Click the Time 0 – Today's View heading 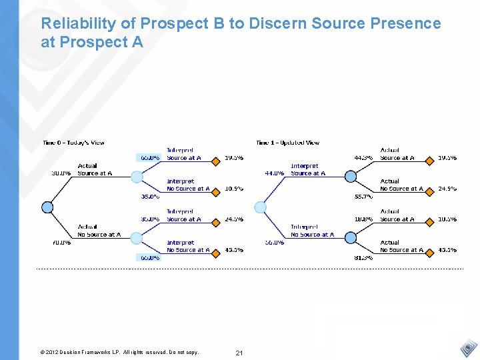pyautogui.click(x=73, y=143)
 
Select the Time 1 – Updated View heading pyautogui.click(x=287, y=143)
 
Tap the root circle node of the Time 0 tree pyautogui.click(x=47, y=207)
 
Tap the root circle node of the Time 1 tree pyautogui.click(x=261, y=207)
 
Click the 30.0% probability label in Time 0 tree pyautogui.click(x=61, y=173)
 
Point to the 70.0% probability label pyautogui.click(x=61, y=243)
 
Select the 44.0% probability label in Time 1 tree pyautogui.click(x=275, y=173)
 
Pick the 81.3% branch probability pyautogui.click(x=363, y=257)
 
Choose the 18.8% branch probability pyautogui.click(x=363, y=219)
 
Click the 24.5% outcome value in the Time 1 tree pyautogui.click(x=447, y=189)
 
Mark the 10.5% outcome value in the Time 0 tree pyautogui.click(x=234, y=189)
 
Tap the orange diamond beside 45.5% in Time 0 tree pyautogui.click(x=215, y=250)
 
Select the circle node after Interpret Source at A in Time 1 pyautogui.click(x=350, y=177)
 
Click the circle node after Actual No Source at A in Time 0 pyautogui.click(x=137, y=237)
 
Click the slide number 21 pyautogui.click(x=239, y=352)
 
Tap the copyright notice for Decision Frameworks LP pyautogui.click(x=119, y=352)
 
